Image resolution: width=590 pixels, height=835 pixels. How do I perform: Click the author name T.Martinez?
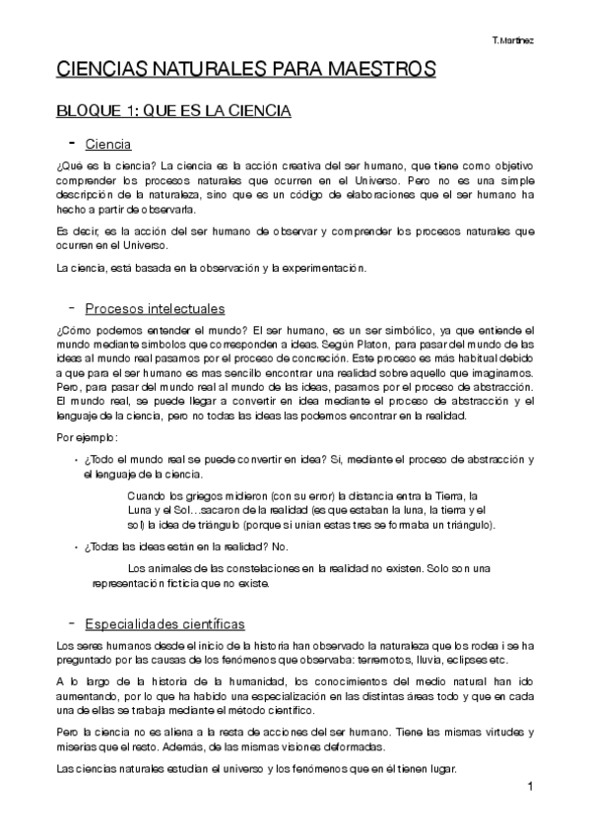pyautogui.click(x=513, y=39)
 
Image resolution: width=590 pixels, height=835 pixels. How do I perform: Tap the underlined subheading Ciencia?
pyautogui.click(x=108, y=145)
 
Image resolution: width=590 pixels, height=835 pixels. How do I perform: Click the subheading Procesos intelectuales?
pyautogui.click(x=155, y=308)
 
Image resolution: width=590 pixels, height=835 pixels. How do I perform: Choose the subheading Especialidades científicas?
pyautogui.click(x=164, y=624)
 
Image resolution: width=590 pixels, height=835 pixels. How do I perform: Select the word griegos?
pyautogui.click(x=193, y=495)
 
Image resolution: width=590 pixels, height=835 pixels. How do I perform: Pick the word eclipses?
pyautogui.click(x=465, y=659)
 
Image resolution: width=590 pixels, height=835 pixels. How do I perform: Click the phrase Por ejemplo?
pyautogui.click(x=88, y=436)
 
